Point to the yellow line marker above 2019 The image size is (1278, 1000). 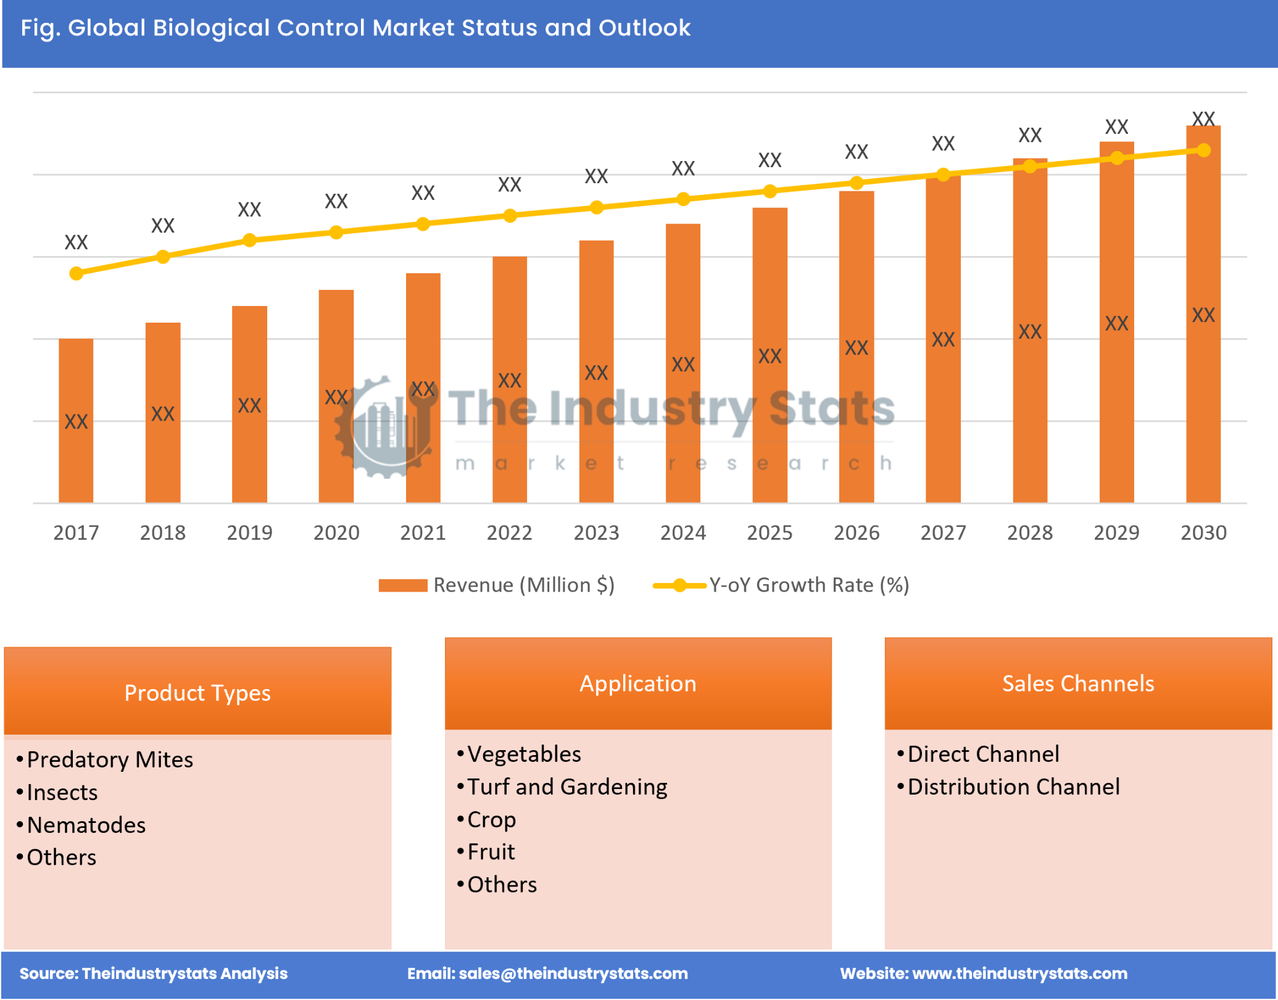tap(249, 240)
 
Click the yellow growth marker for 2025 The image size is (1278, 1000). tap(770, 191)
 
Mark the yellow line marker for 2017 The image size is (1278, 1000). tap(76, 273)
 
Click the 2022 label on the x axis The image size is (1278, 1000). tap(509, 532)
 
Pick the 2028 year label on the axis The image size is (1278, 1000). tap(1029, 532)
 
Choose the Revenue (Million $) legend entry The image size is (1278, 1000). tap(497, 585)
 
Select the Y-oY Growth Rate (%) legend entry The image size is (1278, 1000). tap(781, 585)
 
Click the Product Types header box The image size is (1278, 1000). tap(197, 692)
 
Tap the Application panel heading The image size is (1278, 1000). tap(637, 683)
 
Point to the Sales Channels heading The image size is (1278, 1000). tap(1077, 683)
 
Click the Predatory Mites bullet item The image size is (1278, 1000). tap(110, 759)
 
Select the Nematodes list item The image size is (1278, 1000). tap(86, 825)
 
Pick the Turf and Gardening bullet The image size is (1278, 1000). tap(566, 787)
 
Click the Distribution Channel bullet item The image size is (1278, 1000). tap(1013, 787)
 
